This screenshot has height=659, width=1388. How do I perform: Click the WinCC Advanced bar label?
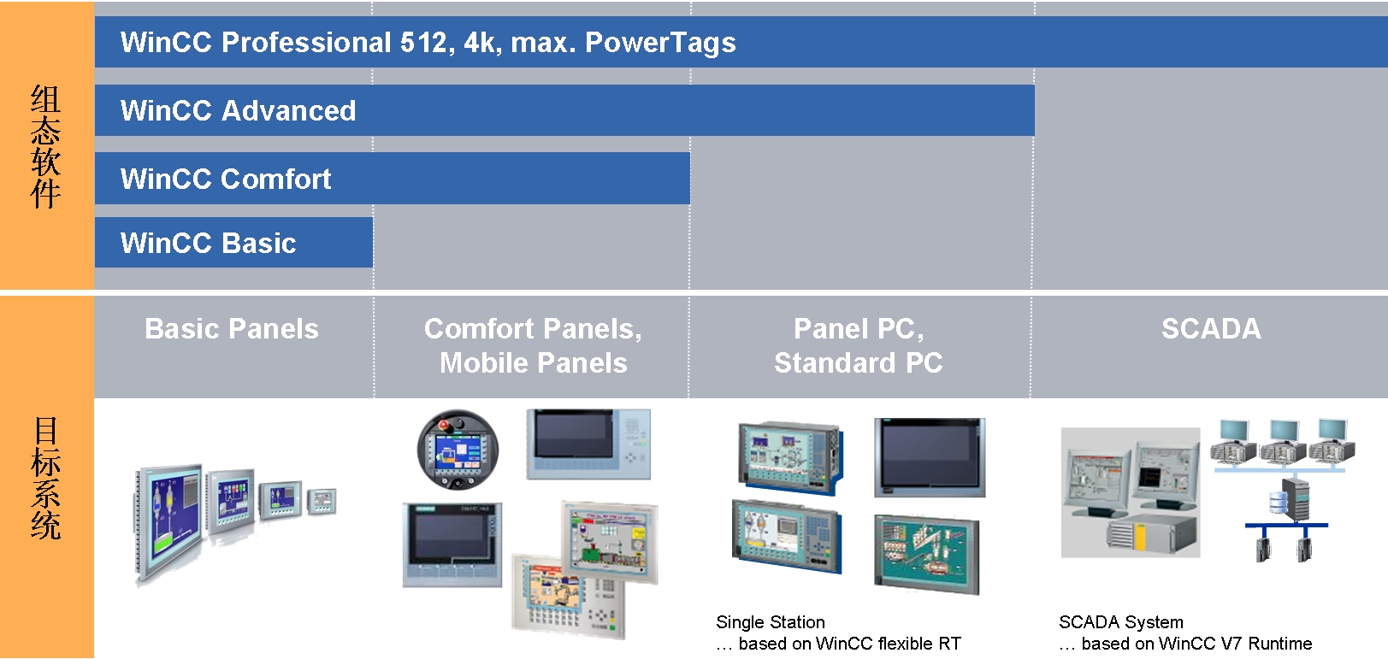[238, 111]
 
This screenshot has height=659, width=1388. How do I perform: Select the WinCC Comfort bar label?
[226, 179]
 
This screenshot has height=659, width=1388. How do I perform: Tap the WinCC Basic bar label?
[208, 243]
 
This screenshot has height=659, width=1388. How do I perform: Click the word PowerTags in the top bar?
[660, 43]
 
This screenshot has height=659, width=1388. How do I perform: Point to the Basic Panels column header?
[232, 329]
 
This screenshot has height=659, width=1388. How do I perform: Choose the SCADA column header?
[1211, 329]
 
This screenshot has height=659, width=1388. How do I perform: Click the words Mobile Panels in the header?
[534, 363]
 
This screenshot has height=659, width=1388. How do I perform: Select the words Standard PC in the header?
[859, 363]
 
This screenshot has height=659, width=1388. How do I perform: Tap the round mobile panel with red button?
[458, 449]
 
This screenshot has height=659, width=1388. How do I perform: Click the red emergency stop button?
[444, 425]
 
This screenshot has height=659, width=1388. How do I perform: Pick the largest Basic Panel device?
[168, 523]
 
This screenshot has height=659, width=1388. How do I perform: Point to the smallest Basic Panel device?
[322, 501]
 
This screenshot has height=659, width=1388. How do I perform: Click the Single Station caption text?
[771, 622]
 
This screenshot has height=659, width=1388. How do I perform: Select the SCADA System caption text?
[1121, 622]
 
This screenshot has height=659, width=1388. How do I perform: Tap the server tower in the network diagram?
[1295, 500]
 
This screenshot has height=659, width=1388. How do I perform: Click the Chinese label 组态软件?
[46, 147]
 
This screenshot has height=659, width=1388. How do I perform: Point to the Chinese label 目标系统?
[46, 478]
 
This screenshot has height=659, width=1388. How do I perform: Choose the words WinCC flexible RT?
[889, 644]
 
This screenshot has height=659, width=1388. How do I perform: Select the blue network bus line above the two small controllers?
[1286, 525]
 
